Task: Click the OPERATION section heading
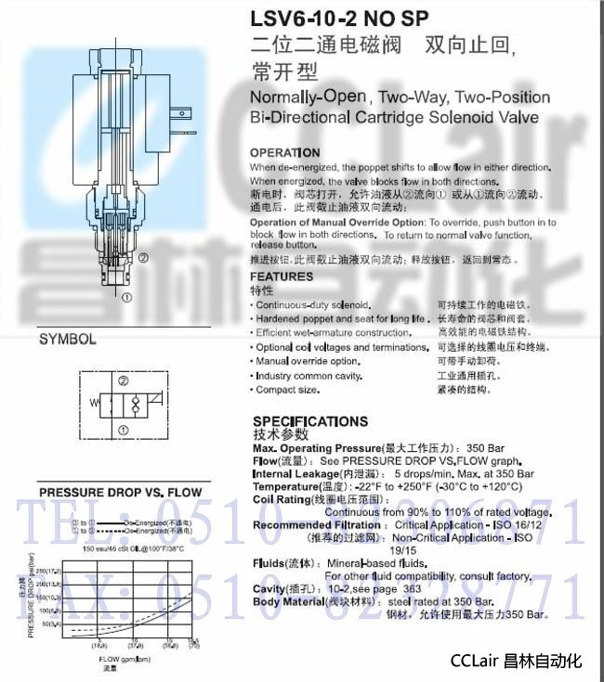point(285,152)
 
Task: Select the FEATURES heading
point(282,277)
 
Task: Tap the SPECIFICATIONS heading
point(310,421)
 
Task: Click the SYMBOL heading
point(67,340)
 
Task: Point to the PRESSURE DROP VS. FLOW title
point(120,492)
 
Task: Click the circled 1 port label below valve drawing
point(126,297)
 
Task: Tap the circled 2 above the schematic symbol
point(123,380)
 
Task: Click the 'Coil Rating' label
point(278,499)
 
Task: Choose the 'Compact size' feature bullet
point(289,390)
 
